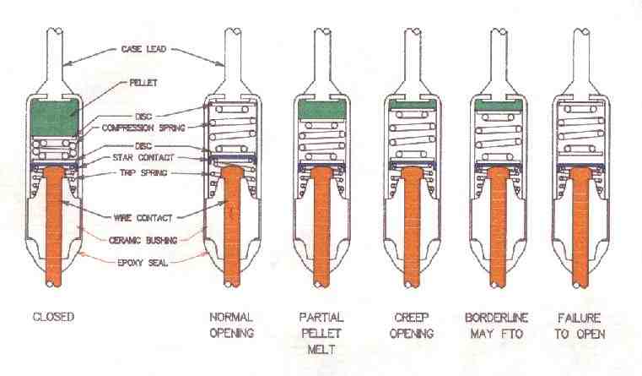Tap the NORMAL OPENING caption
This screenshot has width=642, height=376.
coord(231,324)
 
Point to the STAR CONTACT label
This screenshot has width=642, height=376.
coord(144,158)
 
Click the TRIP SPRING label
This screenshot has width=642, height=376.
coord(144,173)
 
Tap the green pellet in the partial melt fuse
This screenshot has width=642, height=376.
coord(319,107)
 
